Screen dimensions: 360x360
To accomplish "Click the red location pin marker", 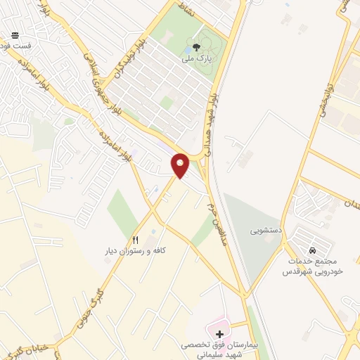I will [180, 165].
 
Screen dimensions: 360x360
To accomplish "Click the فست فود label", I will [15, 45].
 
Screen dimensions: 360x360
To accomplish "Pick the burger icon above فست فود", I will [15, 34].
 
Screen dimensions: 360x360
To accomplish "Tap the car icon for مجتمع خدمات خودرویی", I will [311, 250].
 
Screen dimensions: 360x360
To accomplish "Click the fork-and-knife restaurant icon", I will [135, 239].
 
